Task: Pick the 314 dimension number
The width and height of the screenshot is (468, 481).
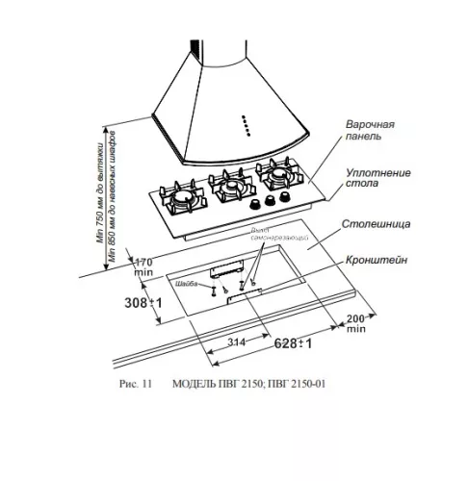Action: (226, 342)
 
